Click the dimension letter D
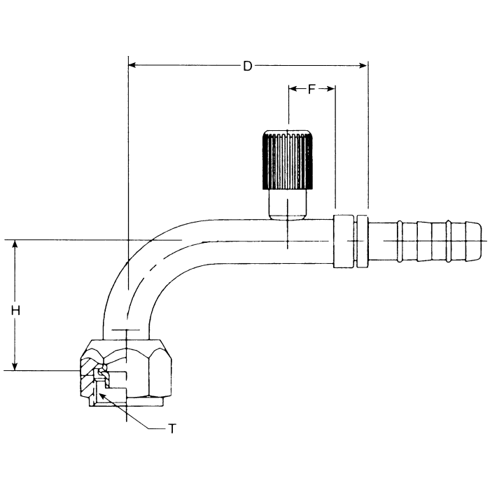(x=247, y=66)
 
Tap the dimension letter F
(x=311, y=88)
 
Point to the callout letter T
(x=172, y=428)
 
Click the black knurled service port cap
(x=288, y=160)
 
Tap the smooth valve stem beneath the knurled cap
(x=288, y=204)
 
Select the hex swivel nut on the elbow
(x=143, y=371)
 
